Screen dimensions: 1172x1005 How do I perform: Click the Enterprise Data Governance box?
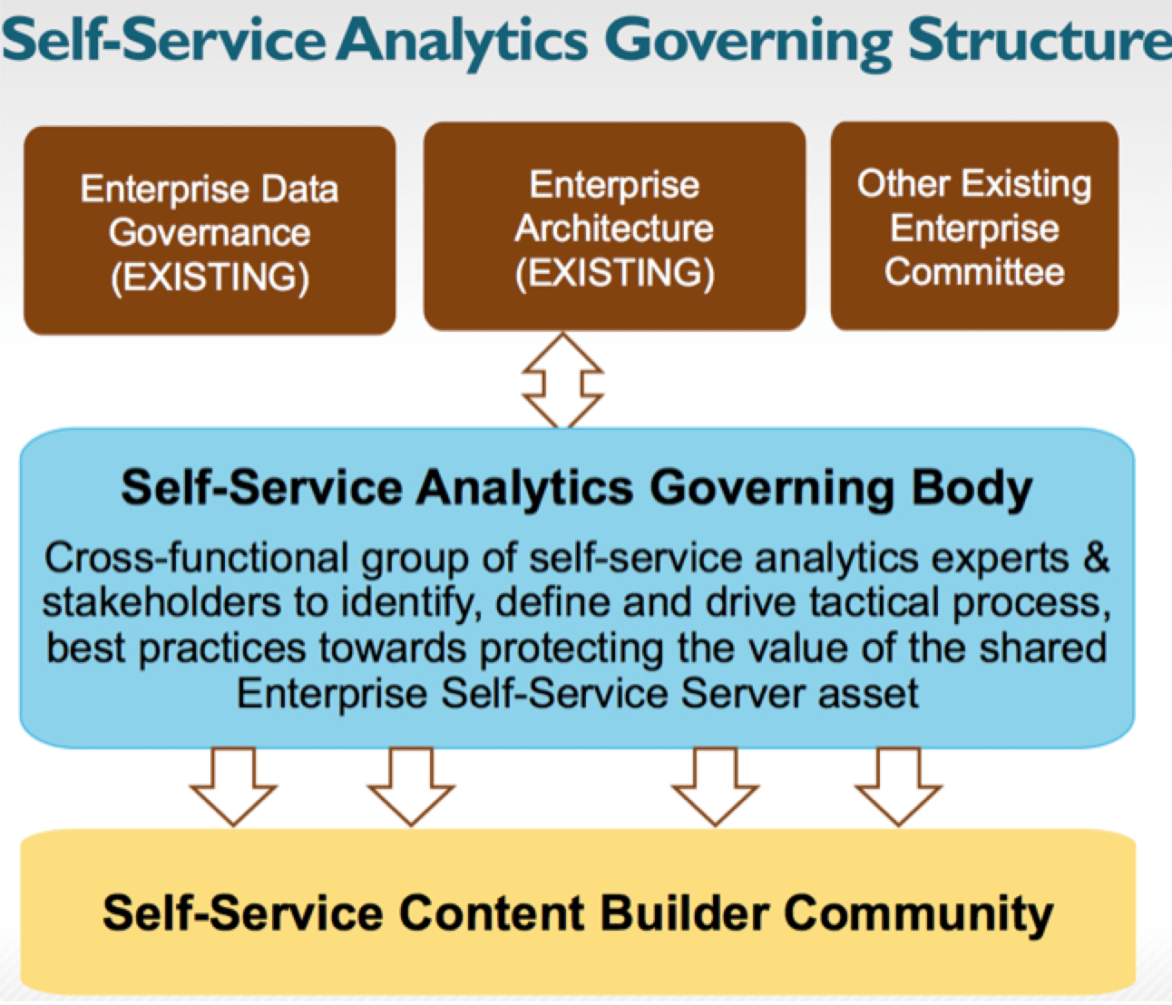pyautogui.click(x=210, y=230)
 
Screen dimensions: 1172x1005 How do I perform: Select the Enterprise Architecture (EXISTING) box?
pyautogui.click(x=614, y=226)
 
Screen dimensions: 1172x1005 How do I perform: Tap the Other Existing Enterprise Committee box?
pyautogui.click(x=974, y=226)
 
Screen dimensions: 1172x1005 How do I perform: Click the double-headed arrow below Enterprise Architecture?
pyautogui.click(x=562, y=380)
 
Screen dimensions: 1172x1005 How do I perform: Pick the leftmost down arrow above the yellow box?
pyautogui.click(x=233, y=786)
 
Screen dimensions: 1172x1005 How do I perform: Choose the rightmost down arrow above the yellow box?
pyautogui.click(x=898, y=786)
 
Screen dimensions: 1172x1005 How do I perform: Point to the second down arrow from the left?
pyautogui.click(x=411, y=786)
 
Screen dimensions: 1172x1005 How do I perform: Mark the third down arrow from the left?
pyautogui.click(x=715, y=786)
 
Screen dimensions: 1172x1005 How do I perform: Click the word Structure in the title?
pyautogui.click(x=1040, y=40)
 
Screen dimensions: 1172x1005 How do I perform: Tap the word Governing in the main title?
pyautogui.click(x=747, y=43)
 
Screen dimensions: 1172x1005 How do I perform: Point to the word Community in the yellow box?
pyautogui.click(x=919, y=913)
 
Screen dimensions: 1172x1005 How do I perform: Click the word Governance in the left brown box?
pyautogui.click(x=210, y=233)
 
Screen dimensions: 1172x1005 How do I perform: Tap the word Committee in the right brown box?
pyautogui.click(x=974, y=271)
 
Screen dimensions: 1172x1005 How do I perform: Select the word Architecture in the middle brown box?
pyautogui.click(x=614, y=228)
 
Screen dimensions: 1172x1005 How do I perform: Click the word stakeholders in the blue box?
pyautogui.click(x=161, y=602)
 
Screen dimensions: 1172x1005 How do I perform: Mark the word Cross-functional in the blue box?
pyautogui.click(x=196, y=558)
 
